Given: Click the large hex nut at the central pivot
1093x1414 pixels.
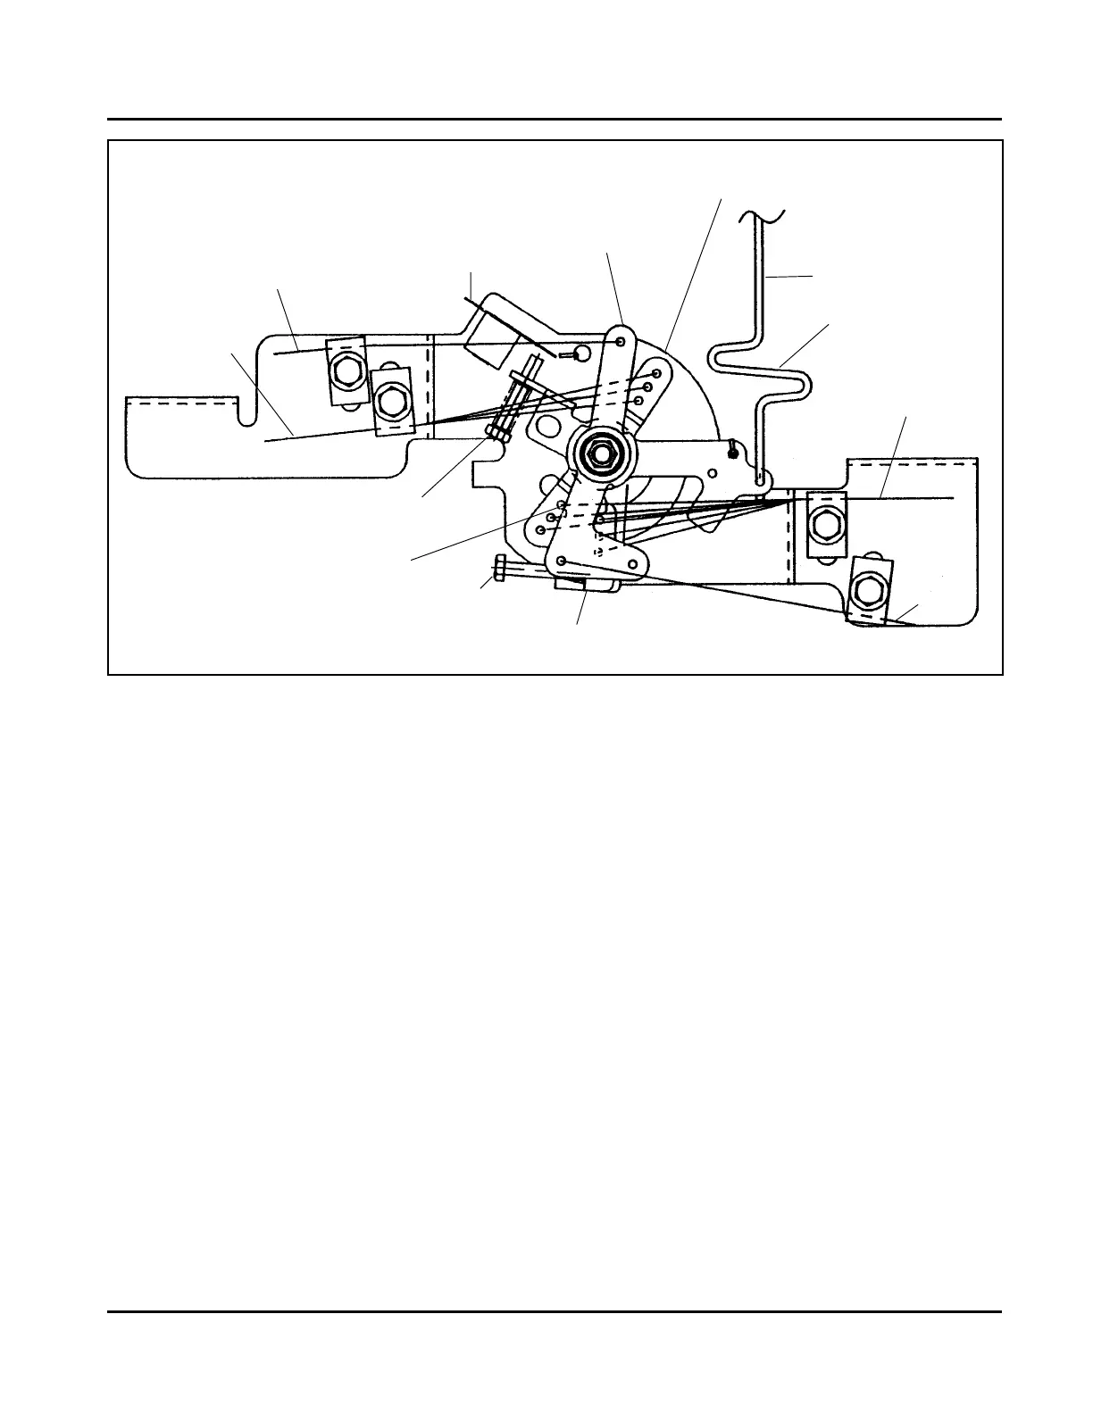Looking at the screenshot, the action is click(x=605, y=453).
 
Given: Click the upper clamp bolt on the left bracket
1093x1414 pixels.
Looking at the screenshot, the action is click(x=346, y=370).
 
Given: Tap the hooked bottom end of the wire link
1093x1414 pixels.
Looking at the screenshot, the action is click(x=760, y=479).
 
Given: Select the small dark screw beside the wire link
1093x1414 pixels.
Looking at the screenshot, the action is click(x=732, y=451).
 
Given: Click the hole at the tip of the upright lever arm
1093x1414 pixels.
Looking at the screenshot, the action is click(x=620, y=341).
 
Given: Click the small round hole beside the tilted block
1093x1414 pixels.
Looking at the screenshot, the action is click(x=580, y=353).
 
